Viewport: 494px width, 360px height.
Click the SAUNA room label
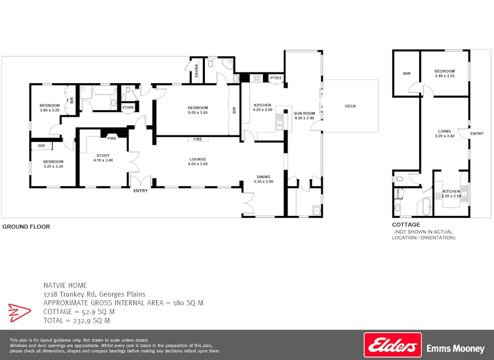click(197, 70)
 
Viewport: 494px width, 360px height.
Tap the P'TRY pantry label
click(276, 78)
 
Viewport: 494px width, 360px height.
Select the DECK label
click(350, 106)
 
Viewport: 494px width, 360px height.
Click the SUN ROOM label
click(304, 114)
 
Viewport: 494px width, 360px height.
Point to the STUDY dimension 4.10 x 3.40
click(103, 161)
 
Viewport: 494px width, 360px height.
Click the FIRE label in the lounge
click(198, 139)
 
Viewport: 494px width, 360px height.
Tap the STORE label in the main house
click(128, 107)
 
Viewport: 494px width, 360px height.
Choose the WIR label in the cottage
click(407, 74)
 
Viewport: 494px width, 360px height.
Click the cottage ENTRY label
click(477, 134)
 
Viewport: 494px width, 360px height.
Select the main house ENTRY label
click(140, 191)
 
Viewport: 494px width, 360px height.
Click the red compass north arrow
click(20, 313)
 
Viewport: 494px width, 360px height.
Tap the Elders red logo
click(393, 345)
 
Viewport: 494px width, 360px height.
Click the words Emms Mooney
click(456, 348)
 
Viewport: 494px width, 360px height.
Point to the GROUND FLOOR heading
click(26, 227)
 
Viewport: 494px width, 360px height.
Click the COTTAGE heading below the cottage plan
click(406, 225)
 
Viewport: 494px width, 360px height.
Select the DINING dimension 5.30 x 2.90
click(264, 182)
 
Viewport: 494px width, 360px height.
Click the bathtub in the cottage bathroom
click(426, 206)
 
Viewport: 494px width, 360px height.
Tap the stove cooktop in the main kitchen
click(256, 78)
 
